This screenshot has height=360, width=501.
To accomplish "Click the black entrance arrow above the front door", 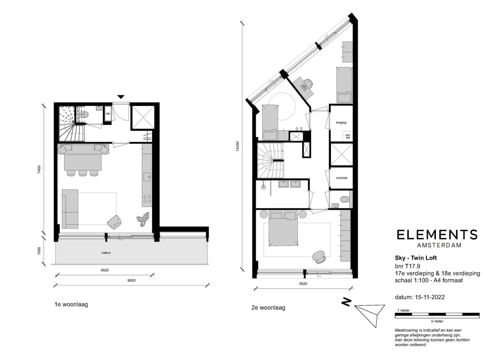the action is click(x=121, y=97).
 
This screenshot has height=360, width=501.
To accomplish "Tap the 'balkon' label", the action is click(x=106, y=253).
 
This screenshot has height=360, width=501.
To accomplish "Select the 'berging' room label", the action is click(x=341, y=122).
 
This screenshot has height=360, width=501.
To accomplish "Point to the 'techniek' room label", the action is click(x=342, y=178).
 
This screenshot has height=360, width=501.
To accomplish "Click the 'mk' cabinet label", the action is click(x=108, y=114).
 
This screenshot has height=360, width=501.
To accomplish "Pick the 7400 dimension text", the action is click(x=39, y=169).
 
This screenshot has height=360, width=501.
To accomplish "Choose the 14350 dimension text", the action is click(x=238, y=146).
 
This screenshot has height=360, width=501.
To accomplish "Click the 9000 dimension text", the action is click(x=131, y=281).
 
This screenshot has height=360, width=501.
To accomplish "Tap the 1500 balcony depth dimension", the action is click(x=39, y=251).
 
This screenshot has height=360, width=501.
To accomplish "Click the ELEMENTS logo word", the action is click(x=437, y=235).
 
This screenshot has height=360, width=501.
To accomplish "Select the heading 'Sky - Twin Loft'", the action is click(x=416, y=258).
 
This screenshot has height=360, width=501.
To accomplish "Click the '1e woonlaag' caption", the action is click(x=71, y=304).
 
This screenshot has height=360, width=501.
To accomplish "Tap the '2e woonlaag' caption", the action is click(x=268, y=308).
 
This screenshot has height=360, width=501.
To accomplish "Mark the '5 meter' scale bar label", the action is click(x=437, y=321).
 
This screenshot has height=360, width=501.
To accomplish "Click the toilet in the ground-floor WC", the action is click(x=85, y=114).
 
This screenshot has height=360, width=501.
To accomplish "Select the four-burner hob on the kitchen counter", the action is click(x=147, y=199).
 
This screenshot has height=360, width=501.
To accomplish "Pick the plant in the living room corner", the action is click(x=143, y=219).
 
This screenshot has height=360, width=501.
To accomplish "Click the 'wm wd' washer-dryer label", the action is click(x=348, y=136).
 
